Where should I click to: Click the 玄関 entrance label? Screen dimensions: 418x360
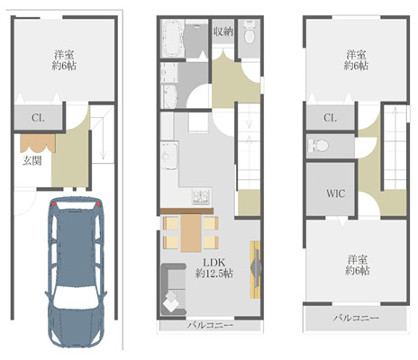[32, 161]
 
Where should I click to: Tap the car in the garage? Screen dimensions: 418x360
[76, 272]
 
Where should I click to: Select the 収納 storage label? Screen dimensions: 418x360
[223, 31]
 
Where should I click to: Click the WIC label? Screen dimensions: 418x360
[335, 193]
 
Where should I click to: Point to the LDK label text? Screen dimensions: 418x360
[214, 263]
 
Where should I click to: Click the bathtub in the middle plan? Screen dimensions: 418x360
[172, 38]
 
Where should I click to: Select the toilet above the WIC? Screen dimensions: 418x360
[318, 146]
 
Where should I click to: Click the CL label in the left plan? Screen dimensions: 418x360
[38, 118]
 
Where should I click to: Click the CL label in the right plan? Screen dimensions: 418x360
[330, 118]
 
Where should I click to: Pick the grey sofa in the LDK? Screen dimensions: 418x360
[174, 289]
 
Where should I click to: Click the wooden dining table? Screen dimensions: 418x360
[191, 233]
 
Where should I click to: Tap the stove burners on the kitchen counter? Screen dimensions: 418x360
[201, 196]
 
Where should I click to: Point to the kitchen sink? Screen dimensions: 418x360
[168, 157]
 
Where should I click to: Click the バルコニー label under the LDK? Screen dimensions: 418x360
[210, 325]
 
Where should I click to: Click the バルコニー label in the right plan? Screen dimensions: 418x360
[356, 318]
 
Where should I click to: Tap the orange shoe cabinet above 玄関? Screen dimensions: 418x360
[38, 143]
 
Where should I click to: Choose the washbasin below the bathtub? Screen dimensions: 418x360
[170, 96]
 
